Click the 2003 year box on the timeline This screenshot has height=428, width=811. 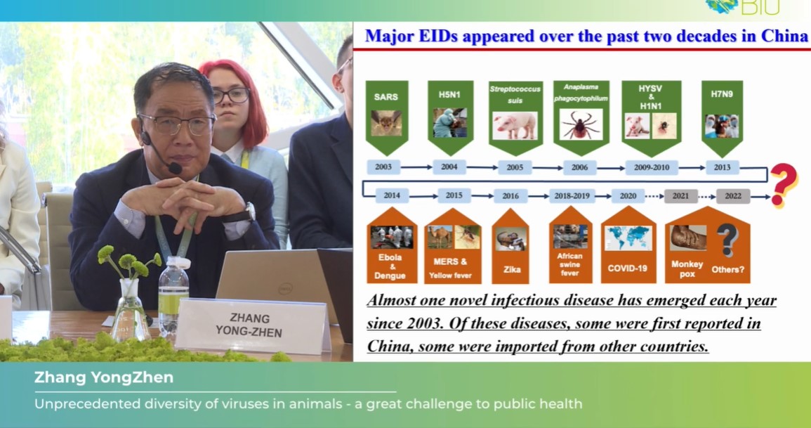point(383,167)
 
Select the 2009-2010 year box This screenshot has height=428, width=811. point(651,168)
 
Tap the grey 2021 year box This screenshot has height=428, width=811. point(680,196)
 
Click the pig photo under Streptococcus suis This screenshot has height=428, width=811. point(515,126)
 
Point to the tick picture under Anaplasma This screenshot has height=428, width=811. point(581,124)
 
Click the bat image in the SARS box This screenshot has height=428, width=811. point(386,123)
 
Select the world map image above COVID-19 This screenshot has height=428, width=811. point(628,238)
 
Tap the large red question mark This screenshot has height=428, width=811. point(784,185)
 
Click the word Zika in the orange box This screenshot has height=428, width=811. point(512,269)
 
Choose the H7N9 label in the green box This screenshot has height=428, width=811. point(722,94)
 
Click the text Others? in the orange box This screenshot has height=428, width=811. point(727,269)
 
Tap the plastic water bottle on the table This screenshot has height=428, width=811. point(173,297)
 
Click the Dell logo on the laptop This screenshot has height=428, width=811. point(285,288)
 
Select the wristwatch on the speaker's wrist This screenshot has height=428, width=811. point(249,212)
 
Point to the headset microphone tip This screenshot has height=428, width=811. point(176,168)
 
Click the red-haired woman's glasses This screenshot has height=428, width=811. point(231,95)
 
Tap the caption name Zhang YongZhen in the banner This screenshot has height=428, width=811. point(104,378)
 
